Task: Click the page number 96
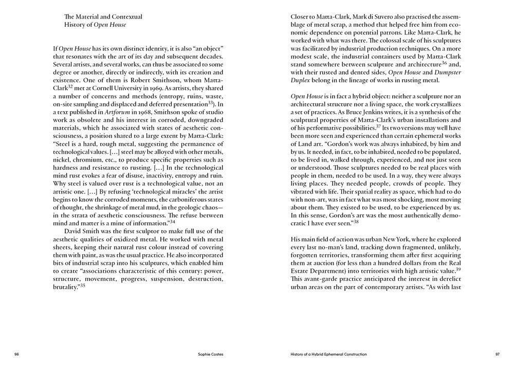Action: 17,354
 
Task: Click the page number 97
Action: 497,354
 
